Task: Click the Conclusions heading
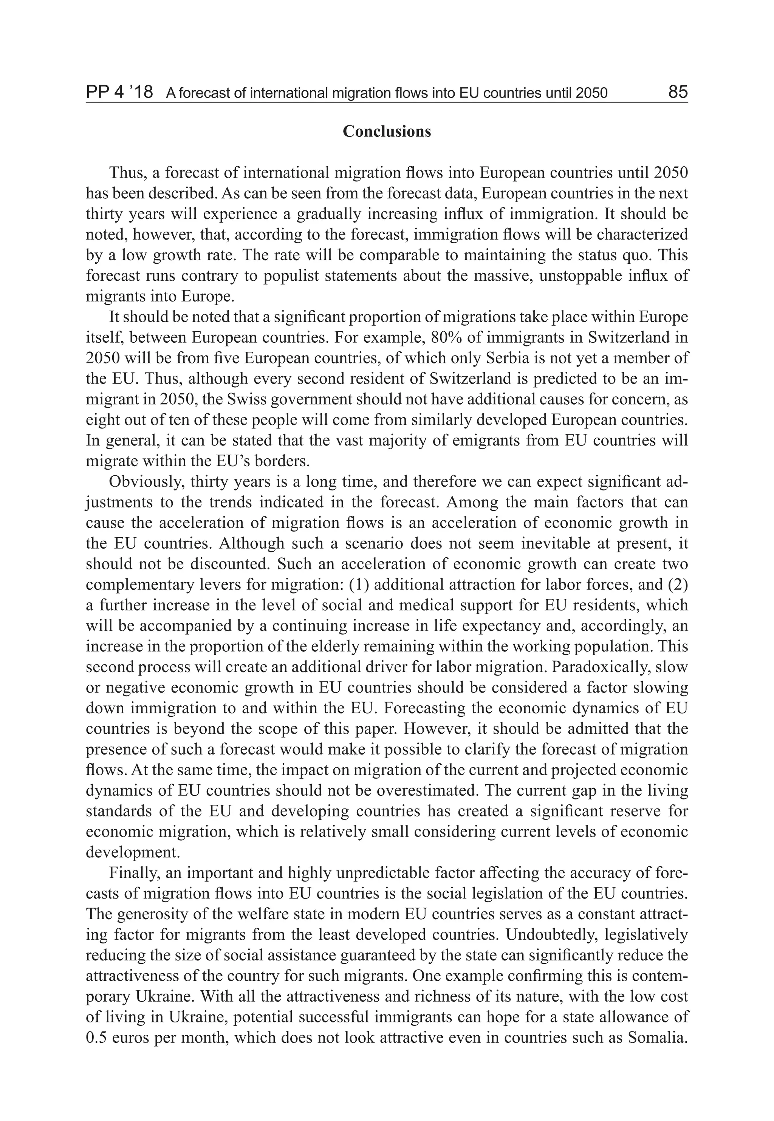pyautogui.click(x=387, y=131)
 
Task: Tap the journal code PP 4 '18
pyautogui.click(x=119, y=92)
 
